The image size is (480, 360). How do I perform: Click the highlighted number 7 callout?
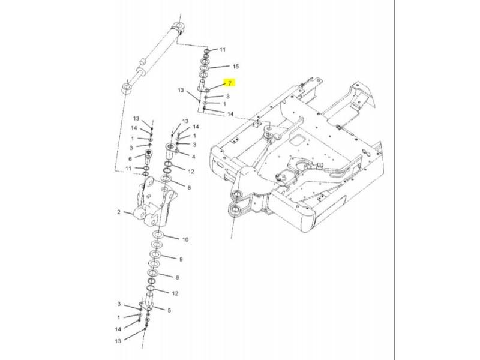tap(230, 83)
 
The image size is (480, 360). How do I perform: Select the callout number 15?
tap(235, 67)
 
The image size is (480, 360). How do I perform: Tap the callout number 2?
tap(119, 212)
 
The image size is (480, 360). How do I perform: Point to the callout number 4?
tap(193, 157)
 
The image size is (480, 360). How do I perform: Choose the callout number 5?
tap(169, 310)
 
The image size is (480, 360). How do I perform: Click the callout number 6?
tap(130, 159)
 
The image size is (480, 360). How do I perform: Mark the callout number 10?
tap(185, 239)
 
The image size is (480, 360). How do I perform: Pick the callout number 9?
tap(181, 259)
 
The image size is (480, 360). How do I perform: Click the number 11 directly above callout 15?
tap(222, 50)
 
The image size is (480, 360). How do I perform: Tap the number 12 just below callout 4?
tap(191, 172)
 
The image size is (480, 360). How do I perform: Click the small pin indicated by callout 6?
tap(148, 156)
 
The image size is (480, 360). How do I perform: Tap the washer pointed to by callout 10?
tap(158, 235)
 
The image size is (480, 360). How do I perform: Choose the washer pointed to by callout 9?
tap(155, 254)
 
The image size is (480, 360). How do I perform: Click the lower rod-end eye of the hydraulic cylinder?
tap(127, 88)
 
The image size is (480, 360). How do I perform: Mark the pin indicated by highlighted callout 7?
tap(203, 85)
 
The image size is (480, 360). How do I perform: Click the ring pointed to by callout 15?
tap(204, 68)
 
